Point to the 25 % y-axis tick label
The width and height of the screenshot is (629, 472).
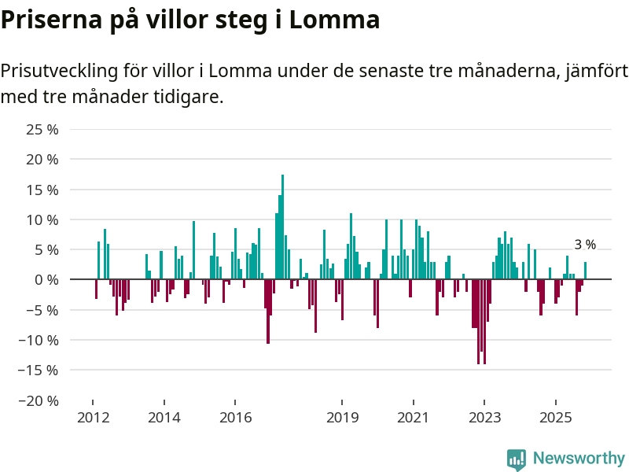tap(43, 129)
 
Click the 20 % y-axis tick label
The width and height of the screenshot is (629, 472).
tap(43, 159)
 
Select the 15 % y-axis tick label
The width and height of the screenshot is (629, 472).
tap(43, 190)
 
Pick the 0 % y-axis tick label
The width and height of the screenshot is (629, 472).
tap(46, 279)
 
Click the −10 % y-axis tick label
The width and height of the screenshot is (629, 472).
tap(39, 340)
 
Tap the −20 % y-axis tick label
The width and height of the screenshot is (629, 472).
tap(39, 400)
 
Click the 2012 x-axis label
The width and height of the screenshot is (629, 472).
tap(93, 417)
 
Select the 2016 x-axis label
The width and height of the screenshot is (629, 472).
tap(235, 417)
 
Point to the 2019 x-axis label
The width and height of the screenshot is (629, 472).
tap(342, 417)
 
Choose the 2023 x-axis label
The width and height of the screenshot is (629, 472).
tap(484, 417)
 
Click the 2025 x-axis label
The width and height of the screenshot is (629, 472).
tap(555, 417)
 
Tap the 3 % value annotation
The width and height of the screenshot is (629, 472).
tap(585, 245)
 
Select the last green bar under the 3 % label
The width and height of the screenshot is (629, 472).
tap(585, 271)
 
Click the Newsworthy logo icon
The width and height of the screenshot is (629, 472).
tap(517, 459)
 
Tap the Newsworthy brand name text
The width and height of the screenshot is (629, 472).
tap(579, 458)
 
